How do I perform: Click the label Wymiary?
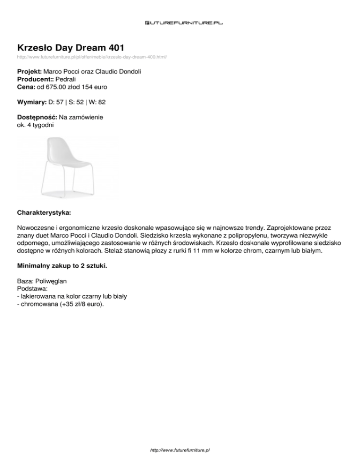point(31,102)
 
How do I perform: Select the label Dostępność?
point(37,117)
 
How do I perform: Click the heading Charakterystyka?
point(44,212)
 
